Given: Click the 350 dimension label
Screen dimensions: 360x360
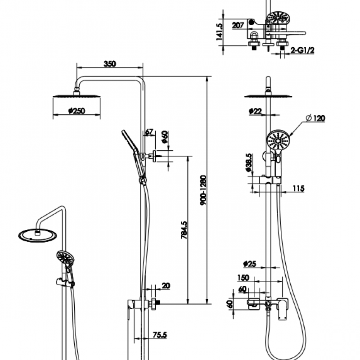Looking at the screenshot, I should point(110,64).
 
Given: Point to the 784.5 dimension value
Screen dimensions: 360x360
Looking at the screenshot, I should point(184,235).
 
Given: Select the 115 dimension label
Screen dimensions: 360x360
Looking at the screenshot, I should point(298,188).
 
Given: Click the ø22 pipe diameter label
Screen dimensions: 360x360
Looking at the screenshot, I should point(255,111).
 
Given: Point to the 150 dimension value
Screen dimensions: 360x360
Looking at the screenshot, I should point(243,278).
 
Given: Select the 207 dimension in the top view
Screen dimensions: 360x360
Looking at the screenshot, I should point(238,26).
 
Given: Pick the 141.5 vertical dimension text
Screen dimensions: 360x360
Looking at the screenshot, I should point(220,31).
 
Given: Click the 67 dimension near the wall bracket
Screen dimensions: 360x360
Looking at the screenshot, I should point(149,132).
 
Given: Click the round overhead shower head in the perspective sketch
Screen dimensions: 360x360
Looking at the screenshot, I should point(35,234).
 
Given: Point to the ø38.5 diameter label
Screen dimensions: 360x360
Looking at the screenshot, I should point(249,163).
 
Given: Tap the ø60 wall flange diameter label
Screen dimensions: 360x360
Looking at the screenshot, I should point(165,136).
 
